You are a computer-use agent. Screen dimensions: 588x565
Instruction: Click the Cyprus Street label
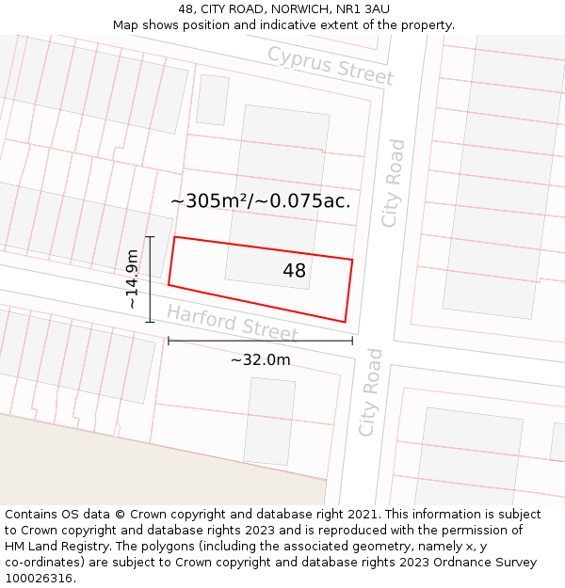coord(329,64)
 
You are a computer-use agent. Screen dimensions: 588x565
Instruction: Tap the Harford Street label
coord(232,324)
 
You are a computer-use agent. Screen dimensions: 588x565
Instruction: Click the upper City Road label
coord(393,183)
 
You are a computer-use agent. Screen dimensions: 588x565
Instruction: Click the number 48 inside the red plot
coord(294,271)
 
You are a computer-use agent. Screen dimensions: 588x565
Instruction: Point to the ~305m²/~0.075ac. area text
coord(260,200)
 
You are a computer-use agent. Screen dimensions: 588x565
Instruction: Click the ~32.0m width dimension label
coord(260,359)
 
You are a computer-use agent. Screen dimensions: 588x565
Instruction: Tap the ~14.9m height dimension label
coord(133,278)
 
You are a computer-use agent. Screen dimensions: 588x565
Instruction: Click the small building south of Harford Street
coord(269,421)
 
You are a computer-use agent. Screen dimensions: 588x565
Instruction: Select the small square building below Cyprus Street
coord(212,100)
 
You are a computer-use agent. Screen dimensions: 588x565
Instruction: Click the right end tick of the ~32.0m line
coord(352,341)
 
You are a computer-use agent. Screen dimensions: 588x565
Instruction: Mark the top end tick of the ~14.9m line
coord(150,236)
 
